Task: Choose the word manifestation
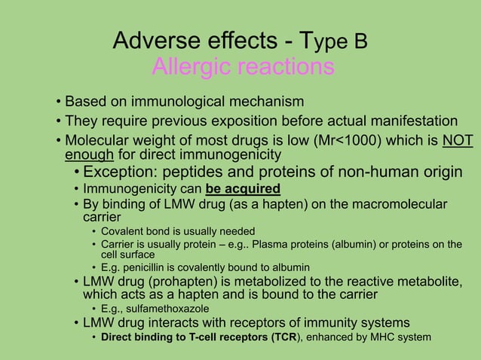410,121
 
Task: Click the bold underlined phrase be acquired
242,188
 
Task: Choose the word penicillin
151,267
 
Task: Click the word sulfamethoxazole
170,308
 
